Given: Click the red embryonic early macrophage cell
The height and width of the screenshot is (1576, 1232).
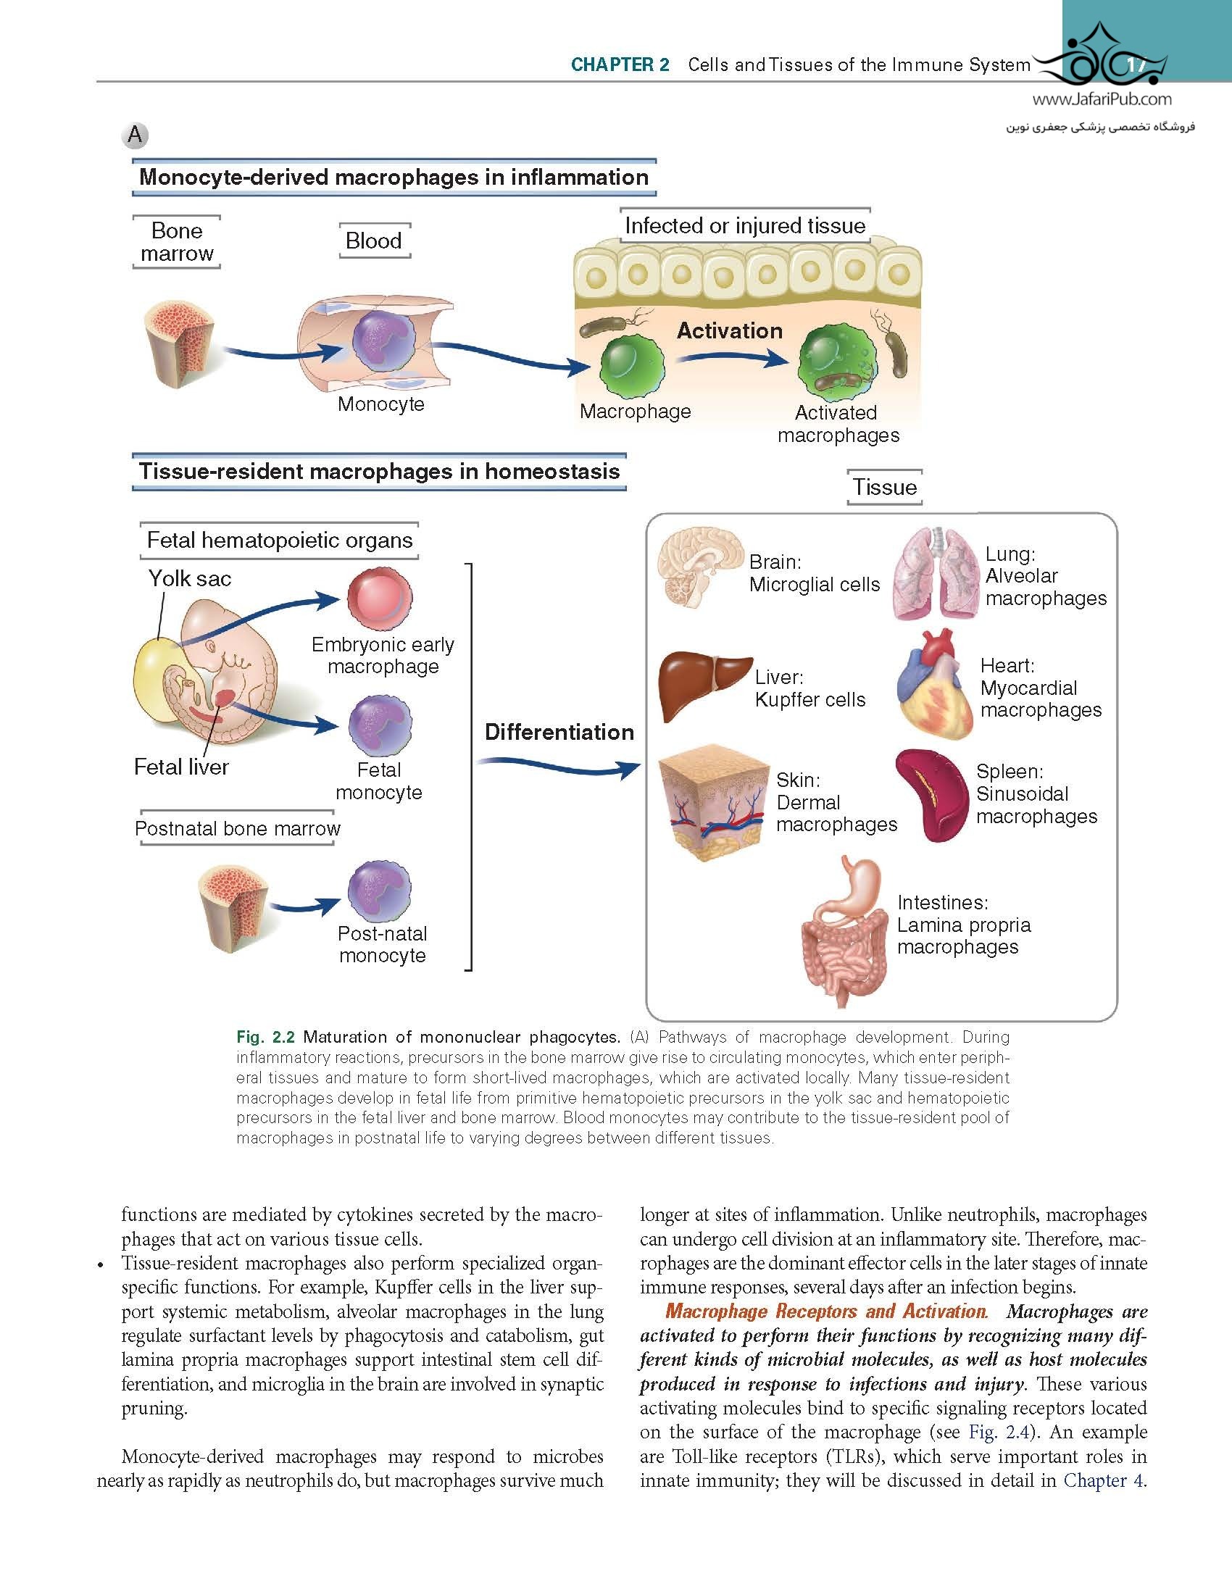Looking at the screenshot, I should pyautogui.click(x=378, y=599).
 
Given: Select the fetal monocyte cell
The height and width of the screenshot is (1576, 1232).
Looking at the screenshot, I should pyautogui.click(x=379, y=726).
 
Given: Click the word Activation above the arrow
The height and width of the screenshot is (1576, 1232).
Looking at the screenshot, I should pyautogui.click(x=729, y=331).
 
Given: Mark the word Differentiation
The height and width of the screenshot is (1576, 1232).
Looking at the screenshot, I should pyautogui.click(x=559, y=732).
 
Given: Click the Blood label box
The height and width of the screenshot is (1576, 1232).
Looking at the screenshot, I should pyautogui.click(x=374, y=241).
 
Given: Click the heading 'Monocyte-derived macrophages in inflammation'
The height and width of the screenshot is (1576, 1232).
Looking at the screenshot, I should pyautogui.click(x=394, y=178).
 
